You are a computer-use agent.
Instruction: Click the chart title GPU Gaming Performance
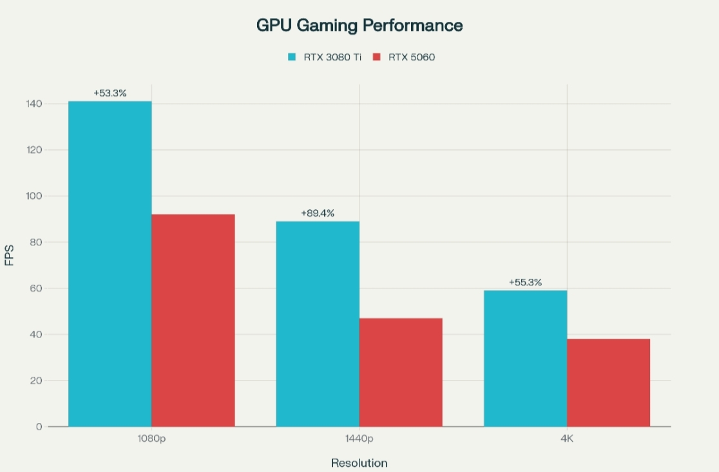click(x=359, y=25)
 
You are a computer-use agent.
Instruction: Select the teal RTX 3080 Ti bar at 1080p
click(x=110, y=263)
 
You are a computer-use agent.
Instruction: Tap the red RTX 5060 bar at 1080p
click(x=193, y=320)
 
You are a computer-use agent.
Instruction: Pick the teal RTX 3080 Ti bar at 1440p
click(x=318, y=323)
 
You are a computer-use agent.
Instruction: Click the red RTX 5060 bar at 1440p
click(x=401, y=372)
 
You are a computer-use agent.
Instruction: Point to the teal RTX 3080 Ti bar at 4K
click(x=525, y=358)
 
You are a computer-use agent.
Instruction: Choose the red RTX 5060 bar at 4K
click(x=608, y=382)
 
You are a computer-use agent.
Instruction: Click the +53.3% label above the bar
click(x=110, y=93)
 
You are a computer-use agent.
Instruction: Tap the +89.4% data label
click(x=318, y=213)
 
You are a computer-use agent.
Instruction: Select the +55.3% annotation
click(x=525, y=282)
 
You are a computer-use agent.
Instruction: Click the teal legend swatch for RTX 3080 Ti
click(x=292, y=57)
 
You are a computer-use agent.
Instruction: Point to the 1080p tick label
click(x=152, y=439)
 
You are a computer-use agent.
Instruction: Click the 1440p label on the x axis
click(x=359, y=439)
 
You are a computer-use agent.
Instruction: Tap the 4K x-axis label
click(x=567, y=439)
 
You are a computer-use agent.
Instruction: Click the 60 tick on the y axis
click(x=37, y=288)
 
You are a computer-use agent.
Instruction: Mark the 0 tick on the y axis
click(x=39, y=426)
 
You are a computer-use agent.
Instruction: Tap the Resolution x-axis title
click(x=359, y=463)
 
